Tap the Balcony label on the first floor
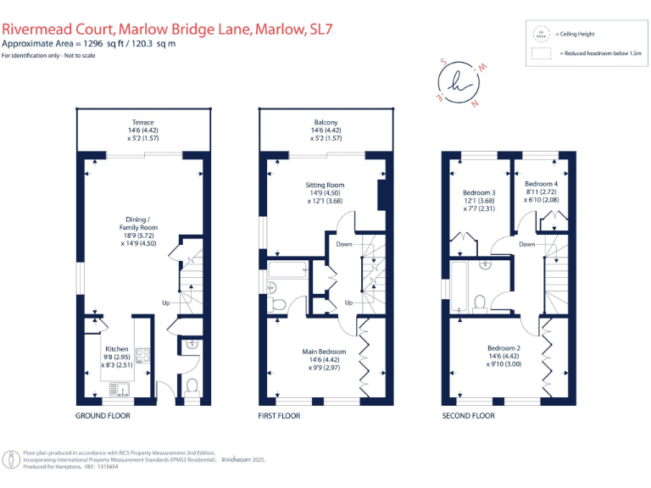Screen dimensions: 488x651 325,123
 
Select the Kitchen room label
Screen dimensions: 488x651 116,349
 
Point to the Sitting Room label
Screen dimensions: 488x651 325,185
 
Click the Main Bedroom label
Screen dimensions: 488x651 325,352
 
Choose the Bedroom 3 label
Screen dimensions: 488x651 479,193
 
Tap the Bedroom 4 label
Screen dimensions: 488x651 541,184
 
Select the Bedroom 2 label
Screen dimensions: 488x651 504,348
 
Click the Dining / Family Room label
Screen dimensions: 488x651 137,227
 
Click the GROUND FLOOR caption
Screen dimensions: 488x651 103,416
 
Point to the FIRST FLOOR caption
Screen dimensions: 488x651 280,416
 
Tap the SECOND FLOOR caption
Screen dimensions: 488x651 469,416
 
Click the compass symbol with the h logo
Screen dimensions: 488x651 459,83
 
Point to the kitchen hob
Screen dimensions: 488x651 143,357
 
